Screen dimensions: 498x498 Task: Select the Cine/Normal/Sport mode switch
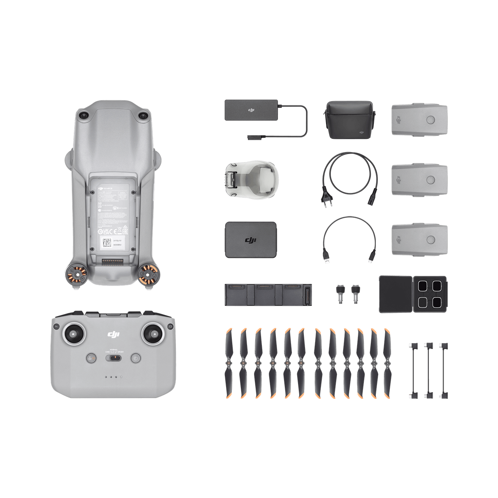click(x=114, y=358)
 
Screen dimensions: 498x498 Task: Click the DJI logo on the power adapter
click(x=252, y=110)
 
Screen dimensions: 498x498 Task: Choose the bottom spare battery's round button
click(x=431, y=239)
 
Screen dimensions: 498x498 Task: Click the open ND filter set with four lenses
click(x=413, y=294)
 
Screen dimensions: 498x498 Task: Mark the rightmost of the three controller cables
click(x=442, y=370)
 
